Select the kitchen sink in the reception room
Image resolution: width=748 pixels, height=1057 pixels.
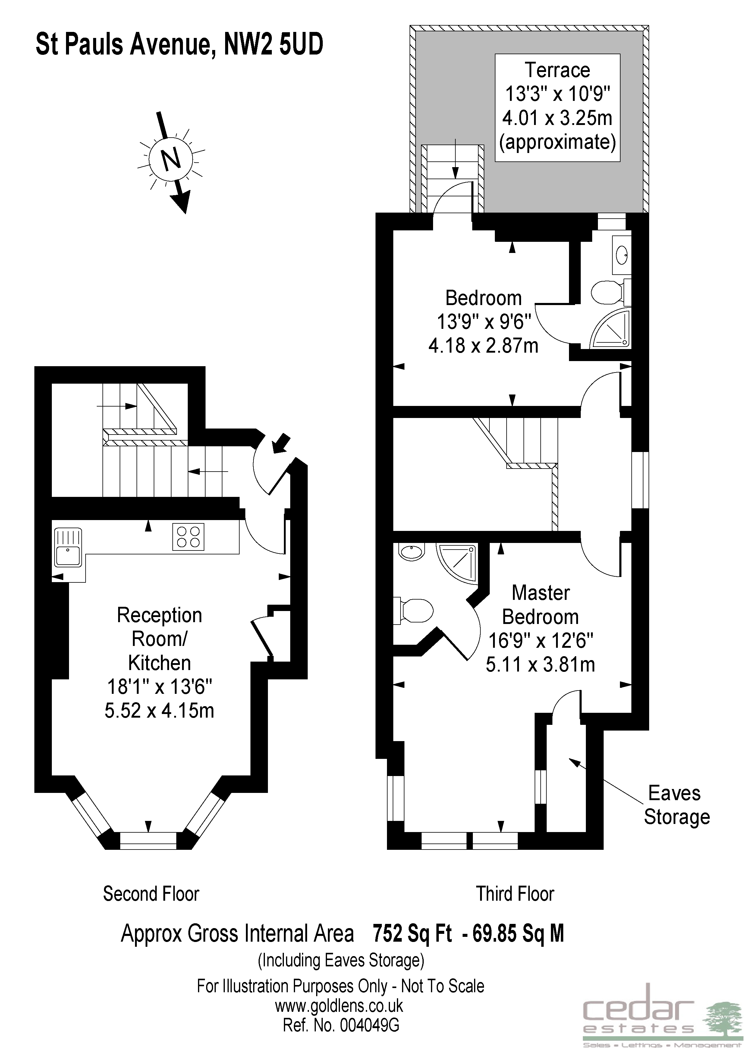(x=68, y=547)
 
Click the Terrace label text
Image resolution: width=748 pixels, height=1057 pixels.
(x=557, y=70)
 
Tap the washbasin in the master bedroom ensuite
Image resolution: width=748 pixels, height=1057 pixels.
(x=411, y=552)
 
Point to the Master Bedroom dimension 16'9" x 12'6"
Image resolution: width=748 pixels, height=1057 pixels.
(x=540, y=640)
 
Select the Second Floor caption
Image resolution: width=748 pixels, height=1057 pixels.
(x=151, y=893)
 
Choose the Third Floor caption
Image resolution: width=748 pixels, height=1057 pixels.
(x=515, y=893)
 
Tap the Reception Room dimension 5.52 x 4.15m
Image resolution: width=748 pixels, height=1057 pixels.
(x=159, y=710)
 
